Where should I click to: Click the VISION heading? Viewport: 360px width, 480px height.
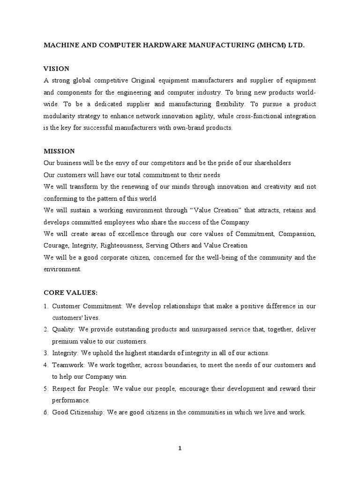[x=57, y=68]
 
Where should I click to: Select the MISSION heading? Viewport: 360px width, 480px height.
[x=59, y=151]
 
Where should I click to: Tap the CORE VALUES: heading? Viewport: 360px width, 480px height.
[x=70, y=292]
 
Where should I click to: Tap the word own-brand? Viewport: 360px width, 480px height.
[x=182, y=127]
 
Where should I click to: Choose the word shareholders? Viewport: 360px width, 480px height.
[x=269, y=163]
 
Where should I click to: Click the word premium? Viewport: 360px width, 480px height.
[x=65, y=341]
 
